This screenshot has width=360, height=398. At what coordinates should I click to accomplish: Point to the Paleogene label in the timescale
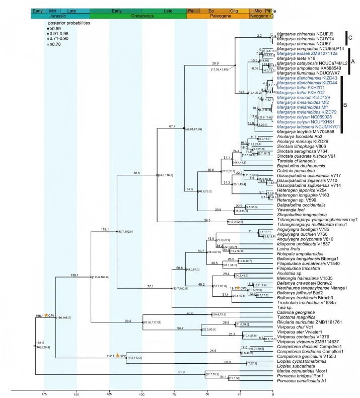[x=217, y=16]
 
